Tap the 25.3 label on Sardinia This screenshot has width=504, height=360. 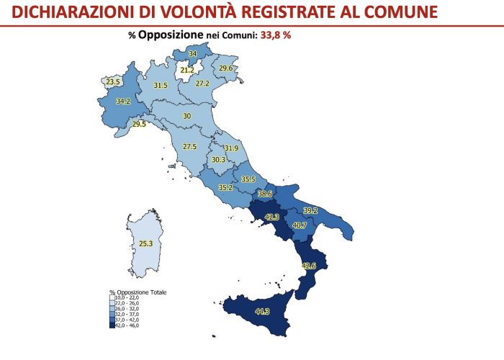(145, 244)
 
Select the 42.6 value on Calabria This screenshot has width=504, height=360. (308, 266)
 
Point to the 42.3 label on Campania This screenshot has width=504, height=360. (272, 218)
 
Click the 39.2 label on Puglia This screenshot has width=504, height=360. (310, 211)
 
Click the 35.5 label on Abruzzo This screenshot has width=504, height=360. (248, 179)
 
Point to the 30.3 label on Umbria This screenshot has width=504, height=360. (218, 160)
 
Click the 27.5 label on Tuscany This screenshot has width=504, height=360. (189, 147)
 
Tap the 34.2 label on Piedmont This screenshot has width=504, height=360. (123, 102)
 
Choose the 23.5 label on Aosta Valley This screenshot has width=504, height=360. (113, 82)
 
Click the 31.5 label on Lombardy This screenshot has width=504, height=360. (161, 86)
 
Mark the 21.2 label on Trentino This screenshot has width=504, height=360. (186, 70)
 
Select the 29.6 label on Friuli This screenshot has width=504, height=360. (225, 68)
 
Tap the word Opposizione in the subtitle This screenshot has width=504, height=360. (175, 34)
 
